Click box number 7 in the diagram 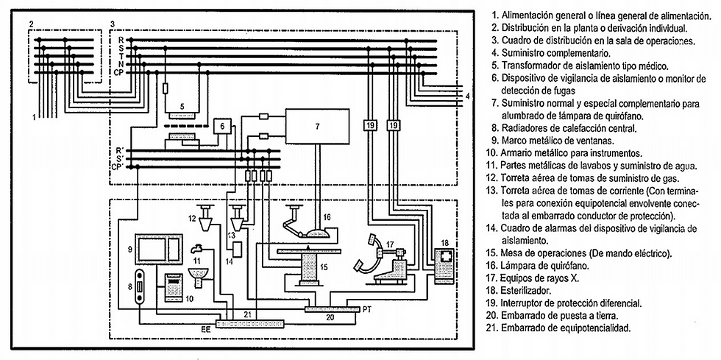pyautogui.click(x=317, y=125)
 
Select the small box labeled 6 pyautogui.click(x=222, y=126)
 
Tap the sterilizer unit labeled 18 pyautogui.click(x=444, y=266)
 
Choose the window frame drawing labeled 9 pyautogui.click(x=158, y=249)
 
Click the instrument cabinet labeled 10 pyautogui.click(x=174, y=287)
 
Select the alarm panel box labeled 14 pyautogui.click(x=237, y=250)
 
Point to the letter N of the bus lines pyautogui.click(x=121, y=64)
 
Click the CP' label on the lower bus pyautogui.click(x=118, y=166)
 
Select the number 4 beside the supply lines pyautogui.click(x=467, y=96)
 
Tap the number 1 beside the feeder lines pyautogui.click(x=34, y=117)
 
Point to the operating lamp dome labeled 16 pyautogui.click(x=317, y=234)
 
